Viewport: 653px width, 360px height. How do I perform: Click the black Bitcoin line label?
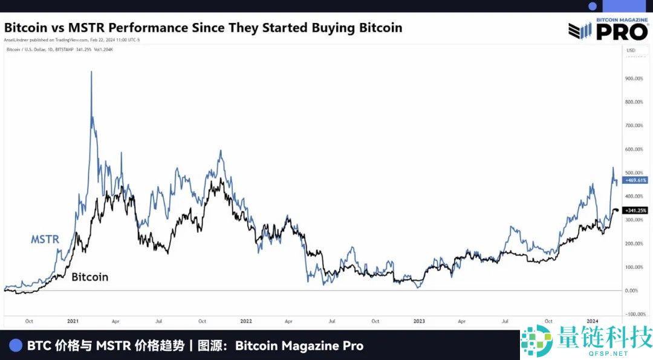point(90,277)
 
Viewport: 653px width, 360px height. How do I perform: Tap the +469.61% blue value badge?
point(635,180)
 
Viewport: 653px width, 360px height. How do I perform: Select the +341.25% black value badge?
point(635,210)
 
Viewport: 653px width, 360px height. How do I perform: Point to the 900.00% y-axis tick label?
point(634,79)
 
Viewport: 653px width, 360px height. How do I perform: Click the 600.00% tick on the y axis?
point(634,149)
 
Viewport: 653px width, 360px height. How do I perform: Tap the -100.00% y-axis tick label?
point(634,315)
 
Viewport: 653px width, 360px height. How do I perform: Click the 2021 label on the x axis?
point(73,321)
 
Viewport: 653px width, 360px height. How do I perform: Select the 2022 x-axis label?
point(245,321)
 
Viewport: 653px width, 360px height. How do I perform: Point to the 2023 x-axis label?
point(418,321)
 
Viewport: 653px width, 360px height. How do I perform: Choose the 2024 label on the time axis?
point(593,321)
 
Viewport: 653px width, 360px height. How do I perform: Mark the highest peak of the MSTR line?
point(91,72)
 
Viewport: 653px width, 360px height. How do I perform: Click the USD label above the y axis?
point(631,50)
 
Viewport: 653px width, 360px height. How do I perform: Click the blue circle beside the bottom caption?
point(16,345)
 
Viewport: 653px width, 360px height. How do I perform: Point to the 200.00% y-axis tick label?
point(634,244)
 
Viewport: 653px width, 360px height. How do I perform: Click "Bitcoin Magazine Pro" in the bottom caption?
point(299,345)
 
